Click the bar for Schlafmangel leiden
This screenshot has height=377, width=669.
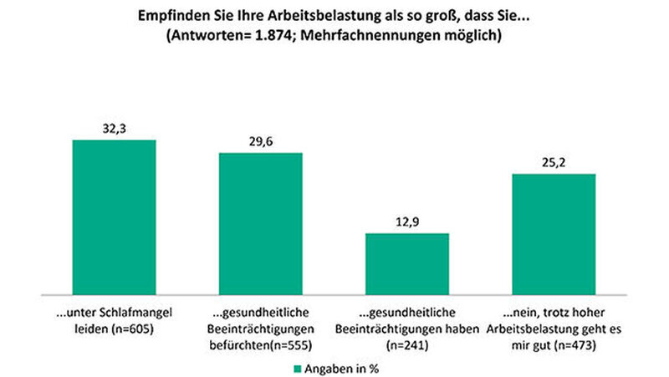pos(114,217)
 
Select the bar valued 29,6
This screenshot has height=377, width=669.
pos(260,223)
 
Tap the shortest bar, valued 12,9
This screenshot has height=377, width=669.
pos(407,263)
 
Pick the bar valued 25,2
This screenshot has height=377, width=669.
pos(554,234)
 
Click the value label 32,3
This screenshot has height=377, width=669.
pos(114,128)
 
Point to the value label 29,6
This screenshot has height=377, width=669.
pos(260,141)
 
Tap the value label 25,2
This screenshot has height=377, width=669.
pos(554,162)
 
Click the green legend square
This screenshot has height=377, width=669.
pos(296,367)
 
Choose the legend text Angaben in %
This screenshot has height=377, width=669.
pos(338,367)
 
